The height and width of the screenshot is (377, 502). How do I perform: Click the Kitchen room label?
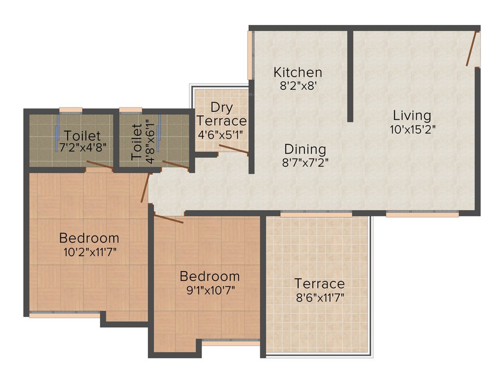298,72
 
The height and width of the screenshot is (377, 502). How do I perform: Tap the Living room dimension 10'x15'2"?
412,130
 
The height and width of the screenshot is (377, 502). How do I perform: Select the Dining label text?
305,149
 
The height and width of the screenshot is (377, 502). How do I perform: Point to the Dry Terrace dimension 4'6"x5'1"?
221,134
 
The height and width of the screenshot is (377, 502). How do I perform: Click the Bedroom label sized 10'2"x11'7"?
89,238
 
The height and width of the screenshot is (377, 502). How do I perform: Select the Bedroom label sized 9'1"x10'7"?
209,276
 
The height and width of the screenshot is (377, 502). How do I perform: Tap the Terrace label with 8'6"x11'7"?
319,284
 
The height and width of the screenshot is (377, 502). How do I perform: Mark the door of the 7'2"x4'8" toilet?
100,165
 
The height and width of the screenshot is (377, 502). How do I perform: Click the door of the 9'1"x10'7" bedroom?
168,218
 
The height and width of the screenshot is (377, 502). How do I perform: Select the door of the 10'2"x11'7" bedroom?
145,187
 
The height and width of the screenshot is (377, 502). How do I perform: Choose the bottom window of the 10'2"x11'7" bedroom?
64,315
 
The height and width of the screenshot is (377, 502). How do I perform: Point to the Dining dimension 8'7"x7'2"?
305,162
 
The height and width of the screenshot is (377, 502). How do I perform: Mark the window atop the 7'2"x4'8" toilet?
71,109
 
